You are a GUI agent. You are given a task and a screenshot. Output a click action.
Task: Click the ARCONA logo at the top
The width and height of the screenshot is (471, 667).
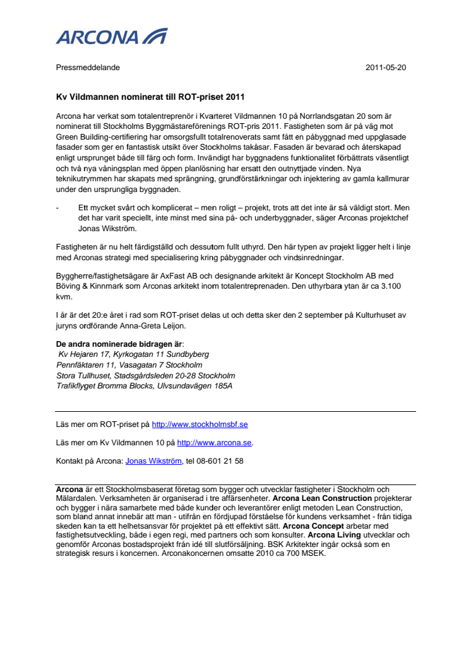tap(111, 37)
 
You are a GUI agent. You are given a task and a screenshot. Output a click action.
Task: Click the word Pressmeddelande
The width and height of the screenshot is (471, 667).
tap(88, 68)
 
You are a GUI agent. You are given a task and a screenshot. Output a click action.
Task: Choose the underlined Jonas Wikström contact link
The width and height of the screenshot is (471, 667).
tap(153, 461)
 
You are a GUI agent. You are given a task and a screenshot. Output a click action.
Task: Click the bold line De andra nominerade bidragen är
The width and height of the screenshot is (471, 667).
tap(119, 344)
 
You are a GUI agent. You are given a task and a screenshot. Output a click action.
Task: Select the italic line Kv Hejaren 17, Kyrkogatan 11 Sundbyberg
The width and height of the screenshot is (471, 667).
tap(133, 355)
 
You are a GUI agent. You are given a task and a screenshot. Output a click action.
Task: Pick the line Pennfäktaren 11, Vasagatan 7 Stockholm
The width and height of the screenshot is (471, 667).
tap(129, 365)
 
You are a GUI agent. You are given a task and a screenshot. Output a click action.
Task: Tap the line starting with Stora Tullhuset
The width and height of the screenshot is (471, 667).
tap(145, 375)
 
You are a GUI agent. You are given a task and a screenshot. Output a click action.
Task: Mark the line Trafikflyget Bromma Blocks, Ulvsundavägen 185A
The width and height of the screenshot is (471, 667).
tap(144, 385)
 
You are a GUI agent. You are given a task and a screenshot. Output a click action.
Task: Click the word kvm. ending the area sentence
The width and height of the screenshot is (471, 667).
tap(64, 296)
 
